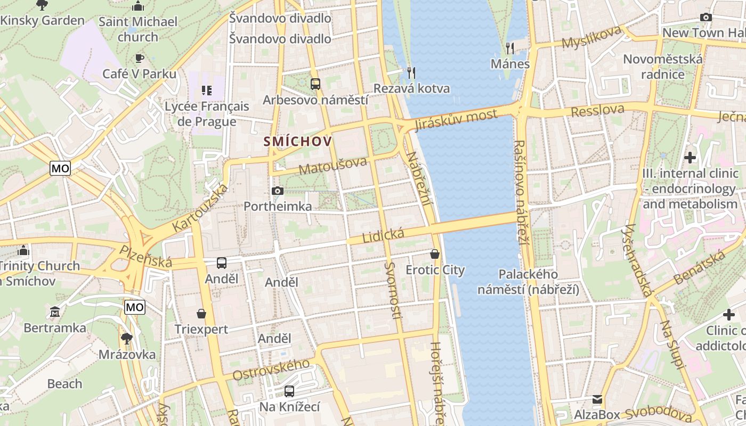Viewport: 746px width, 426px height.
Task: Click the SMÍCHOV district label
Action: click(x=298, y=142)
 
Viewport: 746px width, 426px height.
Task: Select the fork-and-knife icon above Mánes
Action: click(x=510, y=48)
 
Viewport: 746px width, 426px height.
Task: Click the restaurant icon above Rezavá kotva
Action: click(x=411, y=72)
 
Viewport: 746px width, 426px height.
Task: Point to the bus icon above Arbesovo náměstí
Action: click(x=315, y=84)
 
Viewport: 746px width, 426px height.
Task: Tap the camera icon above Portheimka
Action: click(x=277, y=191)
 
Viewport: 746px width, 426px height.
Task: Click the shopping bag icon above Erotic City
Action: click(x=435, y=254)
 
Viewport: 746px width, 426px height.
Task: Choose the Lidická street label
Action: click(x=383, y=234)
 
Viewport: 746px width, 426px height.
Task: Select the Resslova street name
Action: click(x=597, y=111)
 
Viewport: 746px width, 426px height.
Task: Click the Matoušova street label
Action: click(x=333, y=166)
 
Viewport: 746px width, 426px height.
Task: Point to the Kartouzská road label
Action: click(x=201, y=208)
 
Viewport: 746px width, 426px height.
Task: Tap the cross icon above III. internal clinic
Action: click(x=690, y=158)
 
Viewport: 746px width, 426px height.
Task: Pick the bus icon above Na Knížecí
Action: click(x=289, y=391)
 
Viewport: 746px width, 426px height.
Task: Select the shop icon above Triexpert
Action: click(x=201, y=314)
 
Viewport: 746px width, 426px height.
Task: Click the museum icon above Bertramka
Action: click(x=54, y=312)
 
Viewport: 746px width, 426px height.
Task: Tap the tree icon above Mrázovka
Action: click(x=126, y=338)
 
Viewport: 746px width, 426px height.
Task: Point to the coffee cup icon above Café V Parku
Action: click(x=139, y=58)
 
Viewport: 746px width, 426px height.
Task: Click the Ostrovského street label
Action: click(x=271, y=369)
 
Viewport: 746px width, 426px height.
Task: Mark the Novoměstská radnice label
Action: click(x=662, y=67)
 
